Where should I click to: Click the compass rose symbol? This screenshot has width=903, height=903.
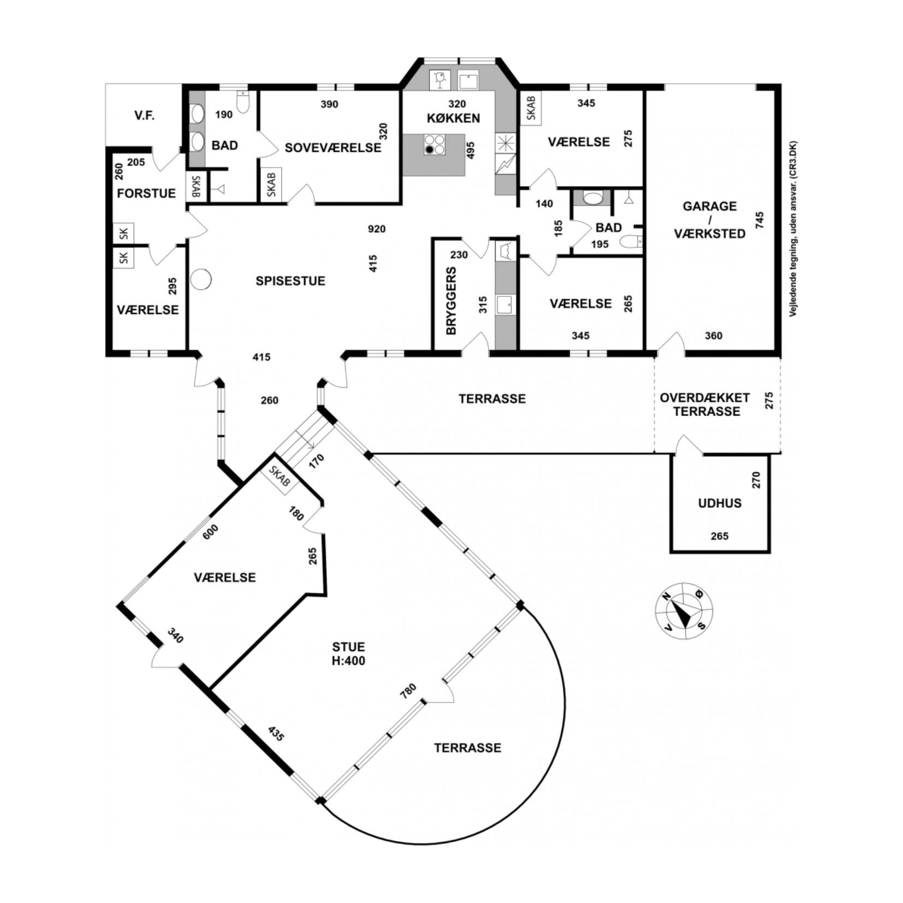[684, 610]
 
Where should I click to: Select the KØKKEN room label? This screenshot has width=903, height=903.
[453, 118]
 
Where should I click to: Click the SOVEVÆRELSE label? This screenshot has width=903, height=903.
[333, 147]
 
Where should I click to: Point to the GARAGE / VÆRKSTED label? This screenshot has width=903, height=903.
[710, 219]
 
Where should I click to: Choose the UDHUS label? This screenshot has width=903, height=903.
[720, 503]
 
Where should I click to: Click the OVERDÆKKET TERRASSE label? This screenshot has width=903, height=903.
[705, 405]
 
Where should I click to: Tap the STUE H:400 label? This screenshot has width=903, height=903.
[348, 654]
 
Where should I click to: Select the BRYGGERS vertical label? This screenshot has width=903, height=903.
[451, 301]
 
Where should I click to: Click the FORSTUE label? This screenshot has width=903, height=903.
[146, 193]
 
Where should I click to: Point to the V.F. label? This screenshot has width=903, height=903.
[144, 116]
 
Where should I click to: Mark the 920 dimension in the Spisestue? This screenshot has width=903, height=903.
[376, 229]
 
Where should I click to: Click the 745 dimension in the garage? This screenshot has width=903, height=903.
[759, 220]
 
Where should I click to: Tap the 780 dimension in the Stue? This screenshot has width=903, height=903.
[408, 691]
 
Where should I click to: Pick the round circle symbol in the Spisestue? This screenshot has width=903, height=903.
[201, 279]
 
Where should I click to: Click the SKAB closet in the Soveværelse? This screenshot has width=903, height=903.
[271, 185]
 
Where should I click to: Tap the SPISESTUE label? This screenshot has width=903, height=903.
[290, 281]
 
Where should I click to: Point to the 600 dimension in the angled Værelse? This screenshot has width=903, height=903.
[210, 532]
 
